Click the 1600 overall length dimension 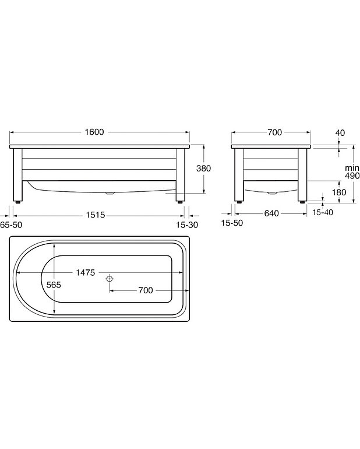coord(94,132)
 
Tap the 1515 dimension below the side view coord(94,215)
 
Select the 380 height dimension coord(203,168)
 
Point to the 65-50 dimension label coord(12,224)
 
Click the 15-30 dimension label coord(187,224)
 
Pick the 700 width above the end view coord(274,132)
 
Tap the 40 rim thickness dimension coord(341,133)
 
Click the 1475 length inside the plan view coord(84,273)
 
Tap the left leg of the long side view coord(18,174)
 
